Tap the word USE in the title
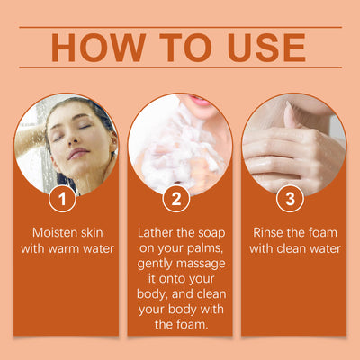pos(266,48)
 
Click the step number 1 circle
pos(62,199)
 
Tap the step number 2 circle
pos(176,199)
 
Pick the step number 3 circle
pos(290,199)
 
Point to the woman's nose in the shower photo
pos(69,139)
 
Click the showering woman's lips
pos(78,153)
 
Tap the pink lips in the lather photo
pos(198,101)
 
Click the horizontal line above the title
pos(180,27)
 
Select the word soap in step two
pos(211,233)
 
